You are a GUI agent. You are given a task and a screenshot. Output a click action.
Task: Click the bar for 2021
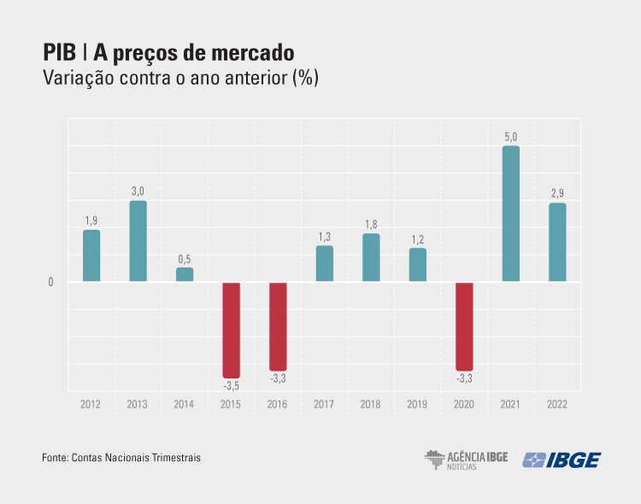(510, 214)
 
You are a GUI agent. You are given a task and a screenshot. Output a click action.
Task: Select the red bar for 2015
(231, 330)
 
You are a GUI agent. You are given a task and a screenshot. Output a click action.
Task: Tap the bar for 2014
(185, 274)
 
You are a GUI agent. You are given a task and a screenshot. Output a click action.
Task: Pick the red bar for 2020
(464, 326)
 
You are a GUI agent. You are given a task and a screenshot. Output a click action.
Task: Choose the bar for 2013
(138, 241)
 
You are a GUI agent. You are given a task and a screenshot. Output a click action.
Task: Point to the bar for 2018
(371, 257)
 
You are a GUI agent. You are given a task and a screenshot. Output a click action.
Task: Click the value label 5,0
(510, 137)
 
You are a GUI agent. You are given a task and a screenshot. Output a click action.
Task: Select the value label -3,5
(231, 386)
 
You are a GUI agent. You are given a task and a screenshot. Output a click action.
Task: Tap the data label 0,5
(185, 259)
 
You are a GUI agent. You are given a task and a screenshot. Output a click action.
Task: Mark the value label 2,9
(557, 193)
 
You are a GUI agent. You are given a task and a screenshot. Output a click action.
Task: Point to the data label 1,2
(417, 239)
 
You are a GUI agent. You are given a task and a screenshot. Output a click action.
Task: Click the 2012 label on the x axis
(91, 404)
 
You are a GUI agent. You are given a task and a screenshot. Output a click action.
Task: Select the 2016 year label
(278, 404)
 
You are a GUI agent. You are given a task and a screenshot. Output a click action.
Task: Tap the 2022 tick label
(557, 404)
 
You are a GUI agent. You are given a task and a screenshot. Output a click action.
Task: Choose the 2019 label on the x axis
(417, 404)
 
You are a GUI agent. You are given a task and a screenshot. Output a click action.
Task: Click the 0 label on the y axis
(51, 282)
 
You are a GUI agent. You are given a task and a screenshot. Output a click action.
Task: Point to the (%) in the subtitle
(304, 78)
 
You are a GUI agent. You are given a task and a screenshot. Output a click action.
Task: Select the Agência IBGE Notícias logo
(466, 460)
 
